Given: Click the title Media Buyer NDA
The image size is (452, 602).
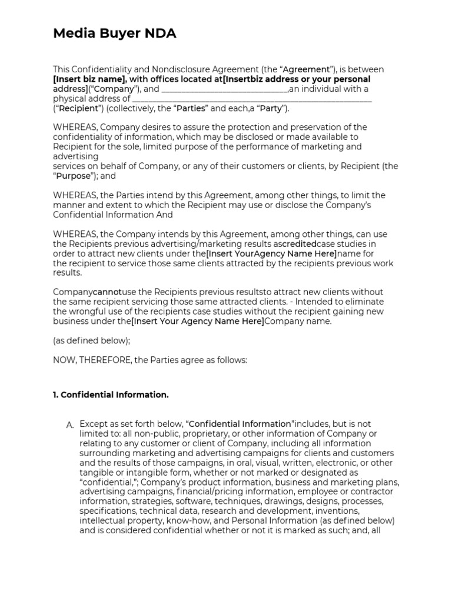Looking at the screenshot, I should point(115,34).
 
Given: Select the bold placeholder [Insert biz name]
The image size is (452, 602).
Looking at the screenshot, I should point(89,79).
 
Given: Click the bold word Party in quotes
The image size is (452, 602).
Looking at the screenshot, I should point(270,109).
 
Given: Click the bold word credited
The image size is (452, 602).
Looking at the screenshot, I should point(298,244).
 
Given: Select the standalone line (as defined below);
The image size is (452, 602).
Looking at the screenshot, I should point(91,340).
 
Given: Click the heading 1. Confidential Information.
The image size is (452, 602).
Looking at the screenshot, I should point(111,395).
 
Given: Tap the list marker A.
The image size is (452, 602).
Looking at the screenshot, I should point(69,424).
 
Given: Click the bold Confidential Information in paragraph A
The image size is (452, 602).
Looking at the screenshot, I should point(240,424).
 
